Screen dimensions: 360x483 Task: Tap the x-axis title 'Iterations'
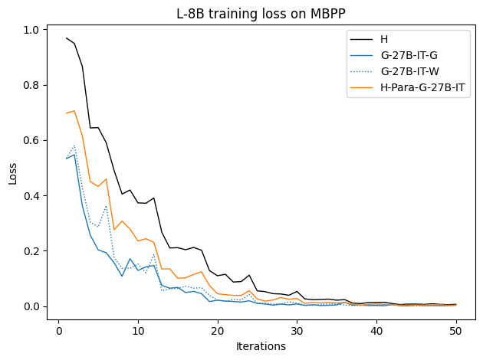point(261,346)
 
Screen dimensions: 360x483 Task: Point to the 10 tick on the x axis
point(138,331)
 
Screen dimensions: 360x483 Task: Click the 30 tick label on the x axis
point(297,331)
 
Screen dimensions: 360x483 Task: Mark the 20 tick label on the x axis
point(218,331)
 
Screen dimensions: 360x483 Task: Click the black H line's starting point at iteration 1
point(67,38)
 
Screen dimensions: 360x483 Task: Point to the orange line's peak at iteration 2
point(74,111)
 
